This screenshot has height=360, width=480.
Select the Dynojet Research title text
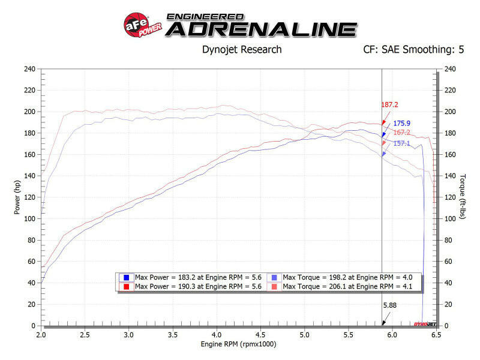(x=241, y=50)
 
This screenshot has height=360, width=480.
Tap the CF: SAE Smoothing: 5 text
(x=413, y=50)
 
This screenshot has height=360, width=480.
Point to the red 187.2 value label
(x=390, y=104)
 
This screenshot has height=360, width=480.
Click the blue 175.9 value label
(x=401, y=124)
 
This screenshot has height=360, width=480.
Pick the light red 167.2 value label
(x=401, y=133)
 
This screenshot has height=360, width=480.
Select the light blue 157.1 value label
(x=401, y=143)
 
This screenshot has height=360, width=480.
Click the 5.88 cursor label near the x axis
(x=390, y=305)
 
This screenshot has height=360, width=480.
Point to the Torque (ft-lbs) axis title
(x=463, y=197)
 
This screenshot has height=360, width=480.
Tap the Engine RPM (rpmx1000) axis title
(x=239, y=345)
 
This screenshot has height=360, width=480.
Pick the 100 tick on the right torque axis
(x=450, y=219)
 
